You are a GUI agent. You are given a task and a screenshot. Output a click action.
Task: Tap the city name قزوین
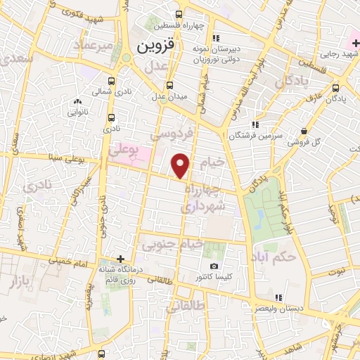[x=154, y=48]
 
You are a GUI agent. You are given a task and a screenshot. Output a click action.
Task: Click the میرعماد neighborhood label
[x=96, y=46]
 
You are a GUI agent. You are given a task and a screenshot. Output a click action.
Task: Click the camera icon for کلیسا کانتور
[x=214, y=268]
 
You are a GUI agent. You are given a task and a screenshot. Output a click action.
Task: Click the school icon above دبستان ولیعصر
[x=280, y=297]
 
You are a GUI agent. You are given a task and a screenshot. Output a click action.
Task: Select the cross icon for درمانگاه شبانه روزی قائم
[x=120, y=259]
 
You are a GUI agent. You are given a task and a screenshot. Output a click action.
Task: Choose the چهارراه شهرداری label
[x=204, y=198]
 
